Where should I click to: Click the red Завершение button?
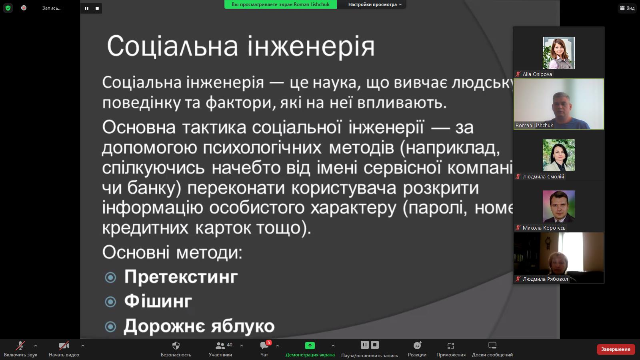(x=616, y=349)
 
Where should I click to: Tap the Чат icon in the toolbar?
(x=264, y=346)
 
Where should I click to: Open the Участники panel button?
(x=220, y=349)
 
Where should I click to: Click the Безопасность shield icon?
(x=176, y=346)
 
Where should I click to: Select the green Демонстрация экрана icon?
(x=310, y=346)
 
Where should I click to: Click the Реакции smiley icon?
(x=417, y=346)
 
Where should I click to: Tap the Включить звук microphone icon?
(x=20, y=346)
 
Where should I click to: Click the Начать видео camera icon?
(x=64, y=346)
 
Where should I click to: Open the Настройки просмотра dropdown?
(x=375, y=4)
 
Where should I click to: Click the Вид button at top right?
(x=627, y=8)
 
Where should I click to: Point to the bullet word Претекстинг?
(x=181, y=276)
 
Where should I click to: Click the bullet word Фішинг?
(x=158, y=301)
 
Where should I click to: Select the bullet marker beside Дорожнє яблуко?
(x=110, y=326)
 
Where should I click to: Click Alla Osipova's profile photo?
(x=558, y=53)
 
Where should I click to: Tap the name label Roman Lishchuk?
(x=534, y=126)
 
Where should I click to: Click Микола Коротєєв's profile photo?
(x=558, y=206)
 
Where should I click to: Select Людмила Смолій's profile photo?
(x=558, y=155)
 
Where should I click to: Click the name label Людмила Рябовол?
(x=545, y=279)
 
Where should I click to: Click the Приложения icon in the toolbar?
(x=450, y=346)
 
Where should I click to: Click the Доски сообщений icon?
(x=492, y=346)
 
